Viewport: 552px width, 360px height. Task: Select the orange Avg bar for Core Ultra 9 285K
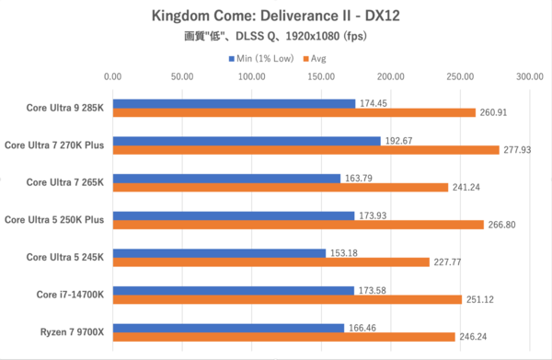tap(293, 112)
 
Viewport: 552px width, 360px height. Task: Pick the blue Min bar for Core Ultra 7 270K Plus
tap(246, 141)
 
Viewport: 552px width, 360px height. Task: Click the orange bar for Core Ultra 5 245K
tap(270, 261)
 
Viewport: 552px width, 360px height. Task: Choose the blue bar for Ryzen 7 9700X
tap(228, 327)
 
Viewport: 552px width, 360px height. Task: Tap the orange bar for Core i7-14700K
tap(287, 299)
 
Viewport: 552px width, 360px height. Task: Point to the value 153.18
tap(344, 252)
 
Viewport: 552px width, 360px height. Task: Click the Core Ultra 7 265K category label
tap(64, 181)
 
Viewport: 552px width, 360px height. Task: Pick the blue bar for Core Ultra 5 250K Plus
tap(233, 215)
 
